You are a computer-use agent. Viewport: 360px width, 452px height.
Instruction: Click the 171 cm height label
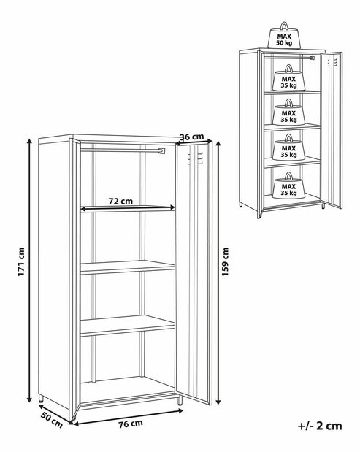tap(21, 261)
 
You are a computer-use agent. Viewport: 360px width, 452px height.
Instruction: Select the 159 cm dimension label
tap(226, 261)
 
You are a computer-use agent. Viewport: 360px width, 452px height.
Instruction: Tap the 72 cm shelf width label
tap(120, 201)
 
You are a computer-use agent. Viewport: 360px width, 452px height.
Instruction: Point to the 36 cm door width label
tap(191, 137)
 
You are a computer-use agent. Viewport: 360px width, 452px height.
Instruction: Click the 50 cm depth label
tap(52, 420)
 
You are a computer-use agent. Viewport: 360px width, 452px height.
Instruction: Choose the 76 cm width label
tap(131, 424)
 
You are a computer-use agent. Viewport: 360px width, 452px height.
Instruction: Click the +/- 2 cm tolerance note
tap(320, 426)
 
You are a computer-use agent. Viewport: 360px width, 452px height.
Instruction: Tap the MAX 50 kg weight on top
tap(284, 36)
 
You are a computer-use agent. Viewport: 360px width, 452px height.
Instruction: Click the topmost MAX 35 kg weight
tap(288, 77)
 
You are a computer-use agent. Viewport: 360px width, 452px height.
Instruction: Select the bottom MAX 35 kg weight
tap(288, 185)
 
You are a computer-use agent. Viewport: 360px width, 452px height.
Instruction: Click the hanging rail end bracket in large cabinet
tap(162, 150)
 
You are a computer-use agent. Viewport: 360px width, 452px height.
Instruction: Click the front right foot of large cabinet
tap(180, 400)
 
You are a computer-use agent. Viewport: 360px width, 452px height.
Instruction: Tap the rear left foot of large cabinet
tap(41, 399)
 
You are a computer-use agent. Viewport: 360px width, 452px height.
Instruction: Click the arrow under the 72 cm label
tap(128, 207)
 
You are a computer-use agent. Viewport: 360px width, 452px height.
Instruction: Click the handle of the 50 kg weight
tap(284, 26)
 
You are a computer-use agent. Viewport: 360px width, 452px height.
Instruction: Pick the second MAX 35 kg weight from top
tap(288, 112)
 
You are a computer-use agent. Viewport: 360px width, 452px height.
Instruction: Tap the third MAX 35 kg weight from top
tap(288, 147)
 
